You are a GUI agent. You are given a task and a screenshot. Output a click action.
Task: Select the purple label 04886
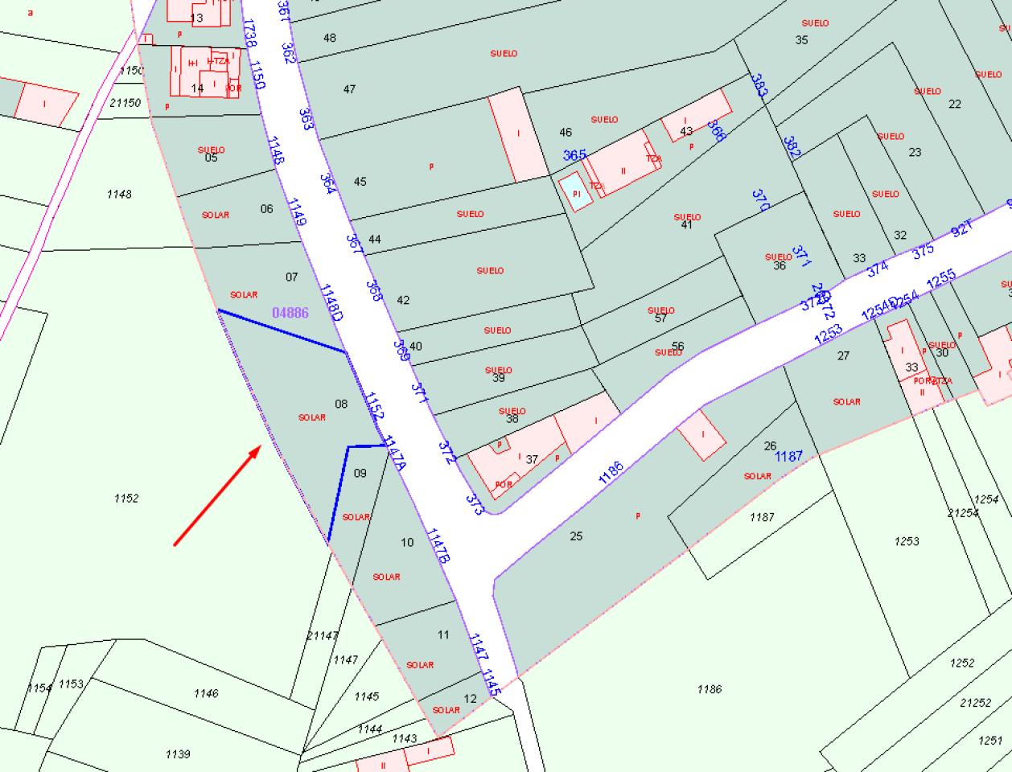pyautogui.click(x=290, y=313)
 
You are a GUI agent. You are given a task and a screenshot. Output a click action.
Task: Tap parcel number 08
pyautogui.click(x=341, y=404)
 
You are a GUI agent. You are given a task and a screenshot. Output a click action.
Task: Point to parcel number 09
pyautogui.click(x=360, y=473)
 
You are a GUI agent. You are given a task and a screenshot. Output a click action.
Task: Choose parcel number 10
pyautogui.click(x=407, y=542)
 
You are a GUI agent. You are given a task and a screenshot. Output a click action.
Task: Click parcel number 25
pyautogui.click(x=576, y=536)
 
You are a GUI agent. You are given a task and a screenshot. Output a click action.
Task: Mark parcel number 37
pyautogui.click(x=532, y=459)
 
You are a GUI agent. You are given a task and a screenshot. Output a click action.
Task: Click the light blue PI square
pyautogui.click(x=575, y=193)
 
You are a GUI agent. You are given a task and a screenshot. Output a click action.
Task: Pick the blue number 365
pyautogui.click(x=574, y=155)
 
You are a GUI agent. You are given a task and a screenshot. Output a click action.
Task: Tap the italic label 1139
pyautogui.click(x=178, y=754)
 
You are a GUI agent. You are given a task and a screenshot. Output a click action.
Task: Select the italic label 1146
pyautogui.click(x=206, y=692)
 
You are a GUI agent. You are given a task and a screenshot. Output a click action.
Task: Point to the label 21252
pyautogui.click(x=975, y=702)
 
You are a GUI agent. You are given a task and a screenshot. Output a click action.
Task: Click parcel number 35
pyautogui.click(x=801, y=39)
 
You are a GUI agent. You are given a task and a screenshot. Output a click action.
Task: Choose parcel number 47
pyautogui.click(x=349, y=89)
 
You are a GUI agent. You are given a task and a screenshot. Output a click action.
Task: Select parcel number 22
pyautogui.click(x=955, y=104)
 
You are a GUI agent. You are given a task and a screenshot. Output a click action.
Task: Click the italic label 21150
pyautogui.click(x=125, y=102)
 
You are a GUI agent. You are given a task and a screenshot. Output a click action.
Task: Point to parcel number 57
pyautogui.click(x=661, y=318)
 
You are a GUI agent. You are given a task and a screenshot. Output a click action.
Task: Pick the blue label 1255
pyautogui.click(x=940, y=279)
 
